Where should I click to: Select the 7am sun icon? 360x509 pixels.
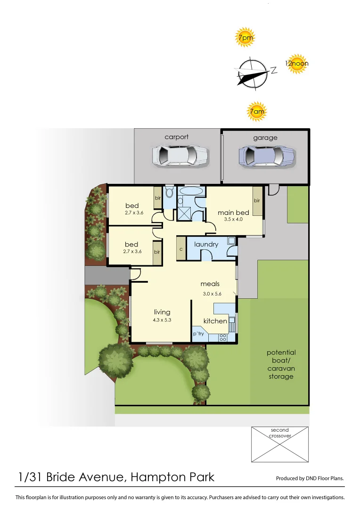pyautogui.click(x=257, y=112)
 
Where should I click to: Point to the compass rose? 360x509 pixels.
pyautogui.click(x=253, y=73)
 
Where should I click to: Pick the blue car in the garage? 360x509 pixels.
pyautogui.click(x=267, y=156)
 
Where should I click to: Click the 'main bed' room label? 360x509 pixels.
pyautogui.click(x=233, y=213)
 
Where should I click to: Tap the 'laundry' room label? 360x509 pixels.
pyautogui.click(x=206, y=244)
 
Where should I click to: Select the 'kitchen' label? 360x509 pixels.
pyautogui.click(x=215, y=321)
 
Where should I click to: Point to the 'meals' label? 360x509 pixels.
pyautogui.click(x=210, y=284)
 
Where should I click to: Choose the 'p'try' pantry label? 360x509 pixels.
pyautogui.click(x=198, y=334)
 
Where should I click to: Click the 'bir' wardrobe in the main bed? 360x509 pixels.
pyautogui.click(x=257, y=201)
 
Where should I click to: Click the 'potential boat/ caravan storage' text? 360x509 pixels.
pyautogui.click(x=281, y=364)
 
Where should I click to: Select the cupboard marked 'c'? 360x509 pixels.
pyautogui.click(x=181, y=248)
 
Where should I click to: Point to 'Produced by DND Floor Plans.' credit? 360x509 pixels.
pyautogui.click(x=310, y=478)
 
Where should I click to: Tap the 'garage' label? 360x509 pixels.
pyautogui.click(x=265, y=138)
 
